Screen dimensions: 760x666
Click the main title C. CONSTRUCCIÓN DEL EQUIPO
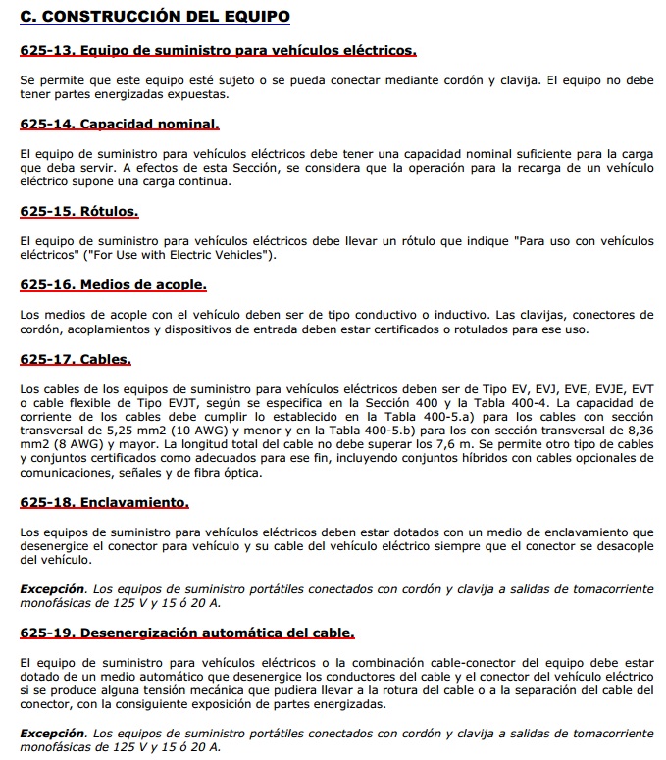click(x=155, y=17)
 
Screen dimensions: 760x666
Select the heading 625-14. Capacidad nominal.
click(x=119, y=125)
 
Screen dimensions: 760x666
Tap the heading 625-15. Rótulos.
click(x=79, y=211)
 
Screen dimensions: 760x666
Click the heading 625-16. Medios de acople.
click(x=113, y=285)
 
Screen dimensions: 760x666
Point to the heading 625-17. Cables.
click(x=75, y=360)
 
